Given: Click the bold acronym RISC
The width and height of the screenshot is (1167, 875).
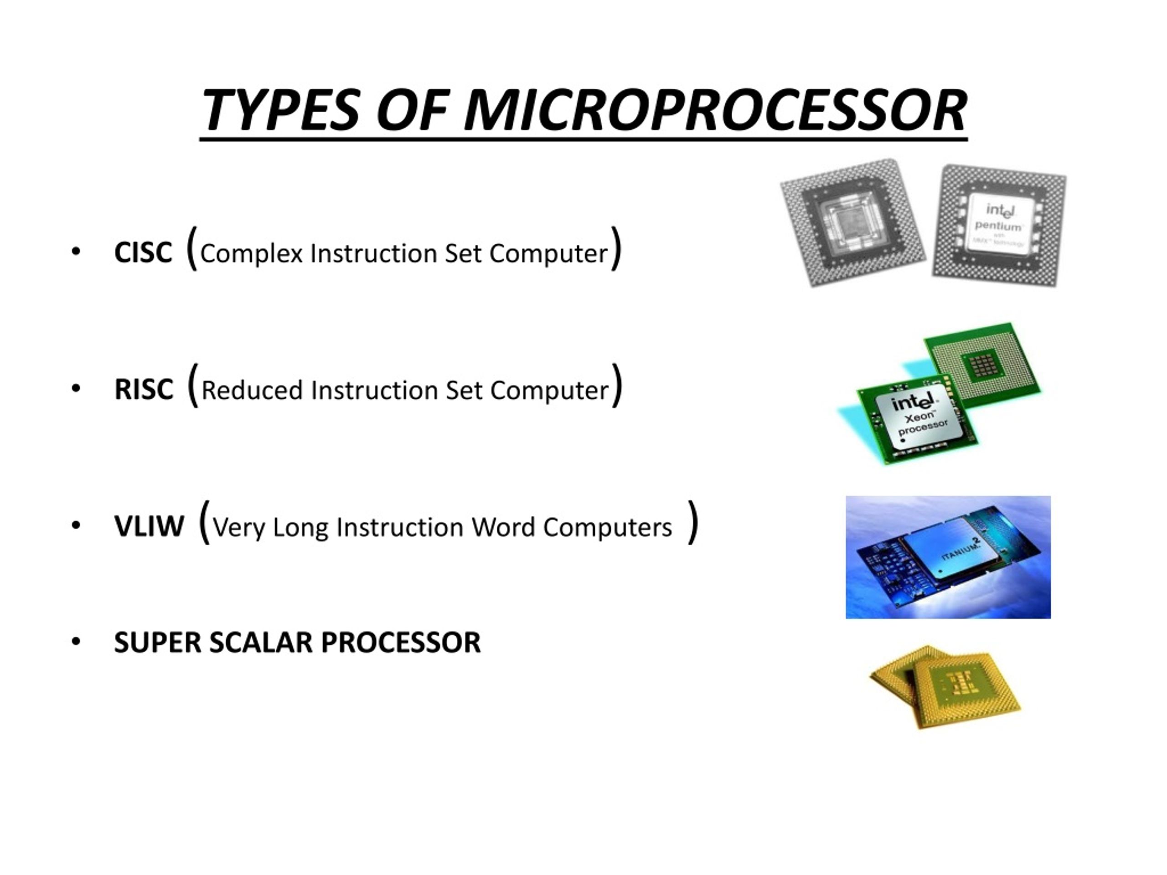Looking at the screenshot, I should click(x=144, y=390).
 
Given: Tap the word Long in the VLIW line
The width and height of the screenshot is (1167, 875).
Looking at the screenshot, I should click(x=300, y=527).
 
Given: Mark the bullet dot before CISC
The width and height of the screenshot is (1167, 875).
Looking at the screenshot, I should click(x=76, y=252).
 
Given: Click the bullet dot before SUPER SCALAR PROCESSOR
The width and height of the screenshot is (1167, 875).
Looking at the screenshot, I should click(x=76, y=642).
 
